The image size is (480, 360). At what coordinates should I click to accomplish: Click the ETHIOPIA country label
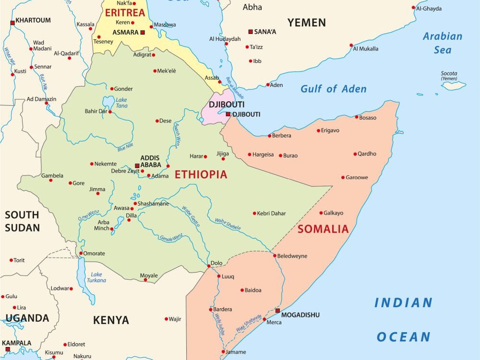pos(201,175)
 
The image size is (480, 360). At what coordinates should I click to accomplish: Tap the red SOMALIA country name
pos(323,229)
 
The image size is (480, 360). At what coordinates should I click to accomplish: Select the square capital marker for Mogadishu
pos(277,311)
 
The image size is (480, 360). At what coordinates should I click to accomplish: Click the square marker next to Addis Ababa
pos(137,166)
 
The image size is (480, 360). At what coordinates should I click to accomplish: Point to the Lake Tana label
pos(121,102)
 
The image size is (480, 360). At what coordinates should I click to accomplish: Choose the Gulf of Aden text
pos(333,89)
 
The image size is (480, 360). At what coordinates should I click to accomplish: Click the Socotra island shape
pos(454,85)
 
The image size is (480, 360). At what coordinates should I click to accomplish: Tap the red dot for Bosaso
pos(357,117)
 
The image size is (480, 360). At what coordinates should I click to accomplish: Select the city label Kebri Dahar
pos(271,213)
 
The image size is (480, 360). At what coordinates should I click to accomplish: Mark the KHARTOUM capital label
pos(33,21)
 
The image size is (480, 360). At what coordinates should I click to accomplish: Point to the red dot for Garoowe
pos(343,178)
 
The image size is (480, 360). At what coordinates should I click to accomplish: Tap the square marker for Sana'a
pos(250,32)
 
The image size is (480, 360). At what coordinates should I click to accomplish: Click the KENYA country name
pos(111,320)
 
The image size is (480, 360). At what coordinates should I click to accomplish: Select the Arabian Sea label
pos(442,43)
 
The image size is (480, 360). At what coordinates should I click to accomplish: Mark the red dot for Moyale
pos(145,280)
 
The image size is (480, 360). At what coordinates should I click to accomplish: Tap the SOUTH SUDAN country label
pos(23,221)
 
